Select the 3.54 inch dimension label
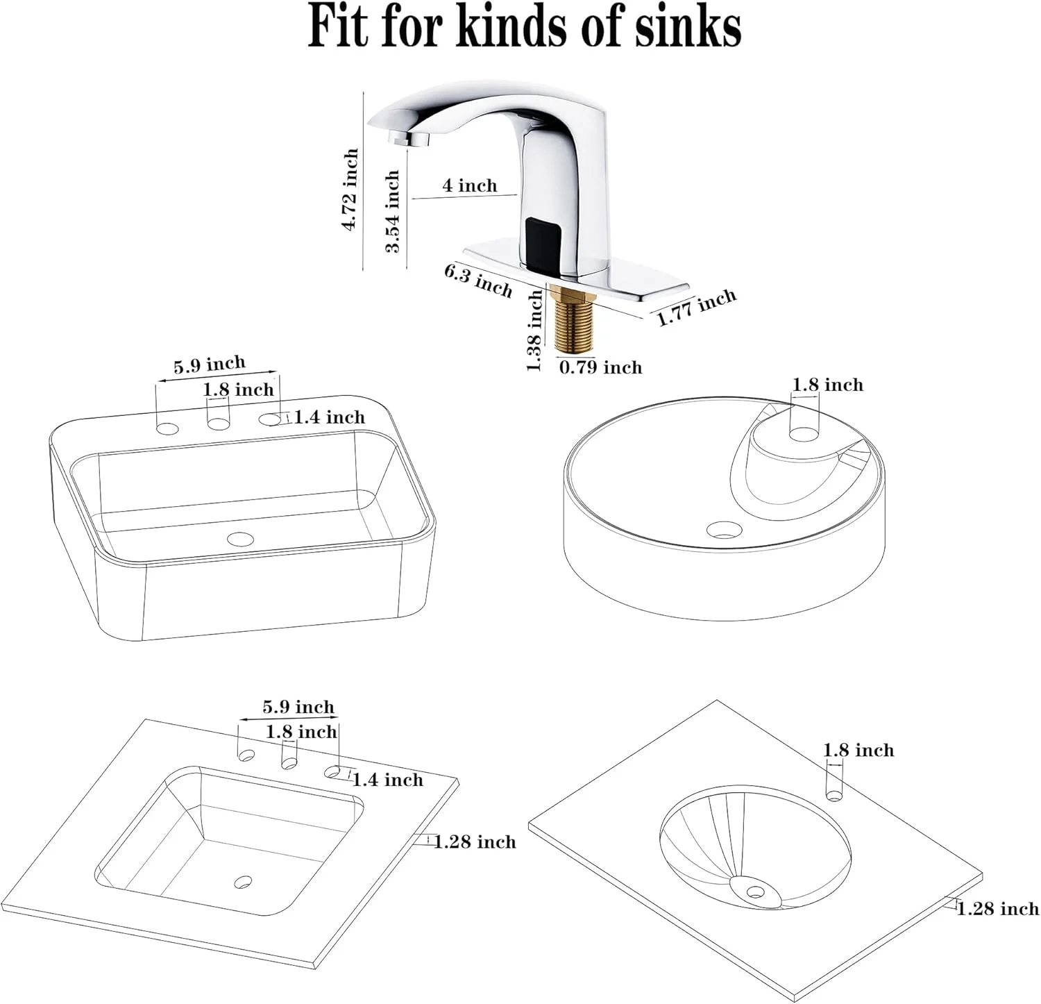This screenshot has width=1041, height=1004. click(393, 212)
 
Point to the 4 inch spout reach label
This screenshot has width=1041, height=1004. click(470, 185)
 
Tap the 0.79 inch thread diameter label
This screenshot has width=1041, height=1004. click(601, 367)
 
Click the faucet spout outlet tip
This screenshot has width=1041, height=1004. click(409, 139)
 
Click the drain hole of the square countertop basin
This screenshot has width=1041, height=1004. click(242, 882)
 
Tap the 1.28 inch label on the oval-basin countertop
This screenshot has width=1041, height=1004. click(998, 908)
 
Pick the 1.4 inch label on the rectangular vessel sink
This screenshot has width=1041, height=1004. click(330, 417)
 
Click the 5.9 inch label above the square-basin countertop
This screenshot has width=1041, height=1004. click(298, 707)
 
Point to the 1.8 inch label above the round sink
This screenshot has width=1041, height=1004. click(828, 385)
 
